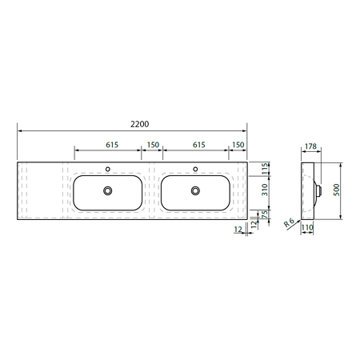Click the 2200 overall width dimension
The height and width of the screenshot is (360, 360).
tap(139, 124)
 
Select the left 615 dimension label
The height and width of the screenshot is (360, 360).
tap(112, 145)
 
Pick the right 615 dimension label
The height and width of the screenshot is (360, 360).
tap(199, 145)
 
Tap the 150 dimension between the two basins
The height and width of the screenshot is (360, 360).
tap(153, 145)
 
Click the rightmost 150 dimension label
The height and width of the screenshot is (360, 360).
tap(238, 145)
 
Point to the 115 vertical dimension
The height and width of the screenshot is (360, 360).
tap(265, 169)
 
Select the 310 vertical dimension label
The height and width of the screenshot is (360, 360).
tap(265, 190)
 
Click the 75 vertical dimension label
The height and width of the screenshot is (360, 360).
tap(265, 214)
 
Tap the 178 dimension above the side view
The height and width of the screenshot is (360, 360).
tap(310, 146)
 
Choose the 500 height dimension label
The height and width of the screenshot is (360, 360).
tap(337, 190)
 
